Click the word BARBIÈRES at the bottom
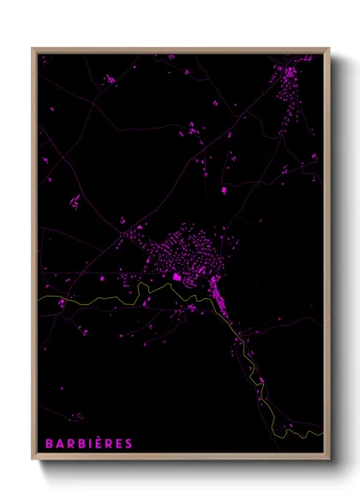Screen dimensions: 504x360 (x=88, y=443)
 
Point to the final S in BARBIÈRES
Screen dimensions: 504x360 (x=129, y=443)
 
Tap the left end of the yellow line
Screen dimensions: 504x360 (x=39, y=297)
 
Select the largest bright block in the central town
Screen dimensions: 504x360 (x=177, y=277)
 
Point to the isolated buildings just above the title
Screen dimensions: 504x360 (x=76, y=417)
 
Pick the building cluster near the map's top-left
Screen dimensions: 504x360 (x=111, y=79)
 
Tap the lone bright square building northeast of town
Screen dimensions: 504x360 (x=225, y=189)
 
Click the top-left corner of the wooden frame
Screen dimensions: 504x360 (x=33, y=49)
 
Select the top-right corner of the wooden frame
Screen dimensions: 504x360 (x=330, y=49)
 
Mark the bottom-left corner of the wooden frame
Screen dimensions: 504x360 (x=33, y=460)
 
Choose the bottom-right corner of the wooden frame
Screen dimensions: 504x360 (x=330, y=460)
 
